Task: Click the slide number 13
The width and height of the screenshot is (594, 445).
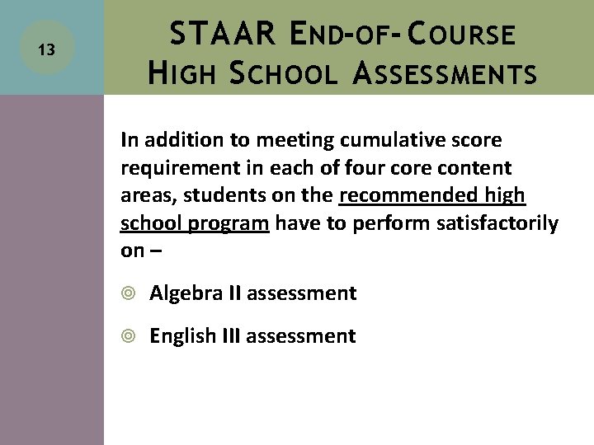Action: pos(47,50)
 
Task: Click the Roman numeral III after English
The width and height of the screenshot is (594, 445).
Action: pos(230,335)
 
